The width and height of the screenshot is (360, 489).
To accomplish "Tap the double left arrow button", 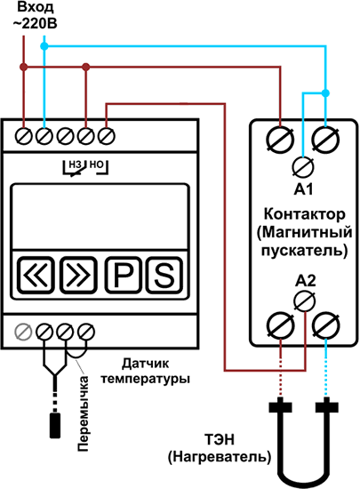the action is pyautogui.click(x=36, y=275).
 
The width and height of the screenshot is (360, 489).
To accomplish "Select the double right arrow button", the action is pyautogui.click(x=78, y=275).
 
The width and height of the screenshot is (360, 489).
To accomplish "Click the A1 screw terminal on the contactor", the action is pyautogui.click(x=303, y=167).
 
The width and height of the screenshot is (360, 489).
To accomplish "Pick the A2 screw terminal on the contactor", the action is pyautogui.click(x=305, y=301).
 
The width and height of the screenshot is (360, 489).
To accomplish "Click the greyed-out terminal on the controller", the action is pyautogui.click(x=23, y=332).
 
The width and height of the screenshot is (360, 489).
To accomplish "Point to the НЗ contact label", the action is pyautogui.click(x=75, y=164).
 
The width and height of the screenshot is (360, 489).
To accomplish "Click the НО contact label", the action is pyautogui.click(x=96, y=164).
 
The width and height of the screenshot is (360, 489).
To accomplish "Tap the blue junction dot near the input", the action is pyautogui.click(x=44, y=46).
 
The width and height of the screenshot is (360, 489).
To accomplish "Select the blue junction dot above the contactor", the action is pyautogui.click(x=325, y=93).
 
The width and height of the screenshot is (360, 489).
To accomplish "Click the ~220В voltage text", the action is pyautogui.click(x=35, y=24).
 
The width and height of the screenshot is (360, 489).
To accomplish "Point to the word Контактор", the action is pyautogui.click(x=305, y=214).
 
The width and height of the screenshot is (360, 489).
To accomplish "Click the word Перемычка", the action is pyautogui.click(x=84, y=413).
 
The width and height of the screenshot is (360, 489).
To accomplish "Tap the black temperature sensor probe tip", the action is pyautogui.click(x=55, y=425).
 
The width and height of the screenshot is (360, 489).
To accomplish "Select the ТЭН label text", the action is pyautogui.click(x=220, y=440).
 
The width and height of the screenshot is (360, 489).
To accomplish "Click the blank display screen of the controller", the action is pyautogui.click(x=100, y=216).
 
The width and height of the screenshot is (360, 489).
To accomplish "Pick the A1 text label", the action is pyautogui.click(x=303, y=189).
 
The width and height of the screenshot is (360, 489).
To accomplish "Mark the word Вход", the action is pyautogui.click(x=36, y=7).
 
